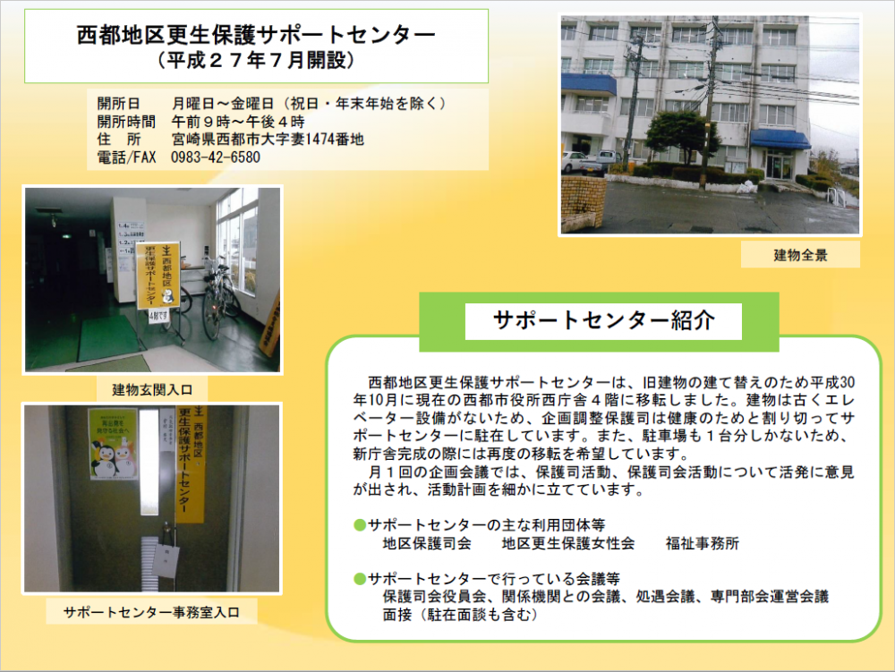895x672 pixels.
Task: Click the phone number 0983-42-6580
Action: [x=216, y=157]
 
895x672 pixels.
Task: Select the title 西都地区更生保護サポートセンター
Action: [x=256, y=35]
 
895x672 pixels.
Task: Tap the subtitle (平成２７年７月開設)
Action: [x=256, y=60]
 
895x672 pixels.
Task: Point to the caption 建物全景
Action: [x=800, y=255]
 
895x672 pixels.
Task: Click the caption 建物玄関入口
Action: [x=152, y=390]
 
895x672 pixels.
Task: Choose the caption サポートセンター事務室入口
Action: [x=151, y=612]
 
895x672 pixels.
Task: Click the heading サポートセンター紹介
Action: [x=603, y=320]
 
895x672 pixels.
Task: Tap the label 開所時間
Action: [x=126, y=122]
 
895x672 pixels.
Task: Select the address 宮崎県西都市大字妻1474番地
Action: [x=268, y=140]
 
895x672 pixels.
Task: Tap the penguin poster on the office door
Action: [x=113, y=443]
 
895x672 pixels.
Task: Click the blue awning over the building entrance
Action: [x=780, y=140]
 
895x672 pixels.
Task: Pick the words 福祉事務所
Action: [x=702, y=544]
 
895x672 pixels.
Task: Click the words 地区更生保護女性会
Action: [x=568, y=544]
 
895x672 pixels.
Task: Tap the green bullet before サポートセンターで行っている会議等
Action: [x=360, y=580]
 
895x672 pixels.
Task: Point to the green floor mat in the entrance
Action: [x=108, y=340]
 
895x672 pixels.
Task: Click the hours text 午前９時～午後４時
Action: [x=238, y=122]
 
